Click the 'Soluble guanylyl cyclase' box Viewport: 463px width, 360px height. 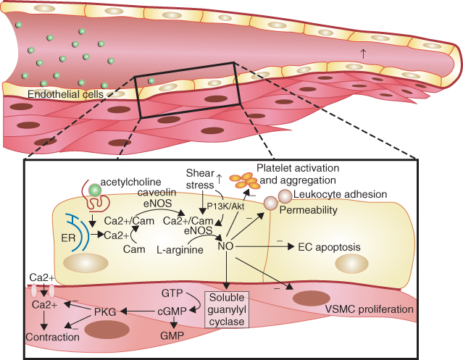tap(228, 309)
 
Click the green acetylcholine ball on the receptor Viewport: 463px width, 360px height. tap(94, 191)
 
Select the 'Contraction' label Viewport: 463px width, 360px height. tap(52, 338)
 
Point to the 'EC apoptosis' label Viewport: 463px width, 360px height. tap(329, 247)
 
